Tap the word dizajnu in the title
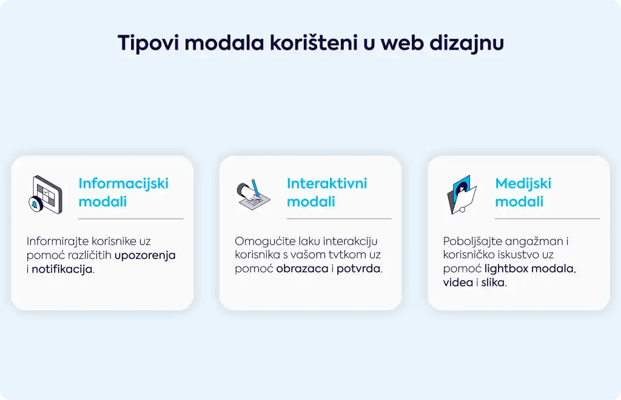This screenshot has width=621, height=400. point(466,43)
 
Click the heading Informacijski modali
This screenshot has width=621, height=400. point(123,192)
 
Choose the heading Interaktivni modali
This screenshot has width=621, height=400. point(327,192)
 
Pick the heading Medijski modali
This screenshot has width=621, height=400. point(523,192)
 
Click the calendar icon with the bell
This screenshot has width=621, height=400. point(46,195)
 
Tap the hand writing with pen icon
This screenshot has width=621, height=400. point(253,195)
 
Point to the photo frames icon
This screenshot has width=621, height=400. point(462,195)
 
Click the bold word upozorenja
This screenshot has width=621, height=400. point(145,256)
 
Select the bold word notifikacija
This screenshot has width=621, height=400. point(62,270)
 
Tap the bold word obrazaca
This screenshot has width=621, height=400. point(302,268)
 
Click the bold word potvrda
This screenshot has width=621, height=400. point(358,269)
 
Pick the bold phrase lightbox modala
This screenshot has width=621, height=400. point(529,268)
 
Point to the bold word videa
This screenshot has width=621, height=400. point(458,282)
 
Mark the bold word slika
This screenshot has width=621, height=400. point(493,282)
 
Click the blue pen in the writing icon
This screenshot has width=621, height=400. point(255,188)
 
